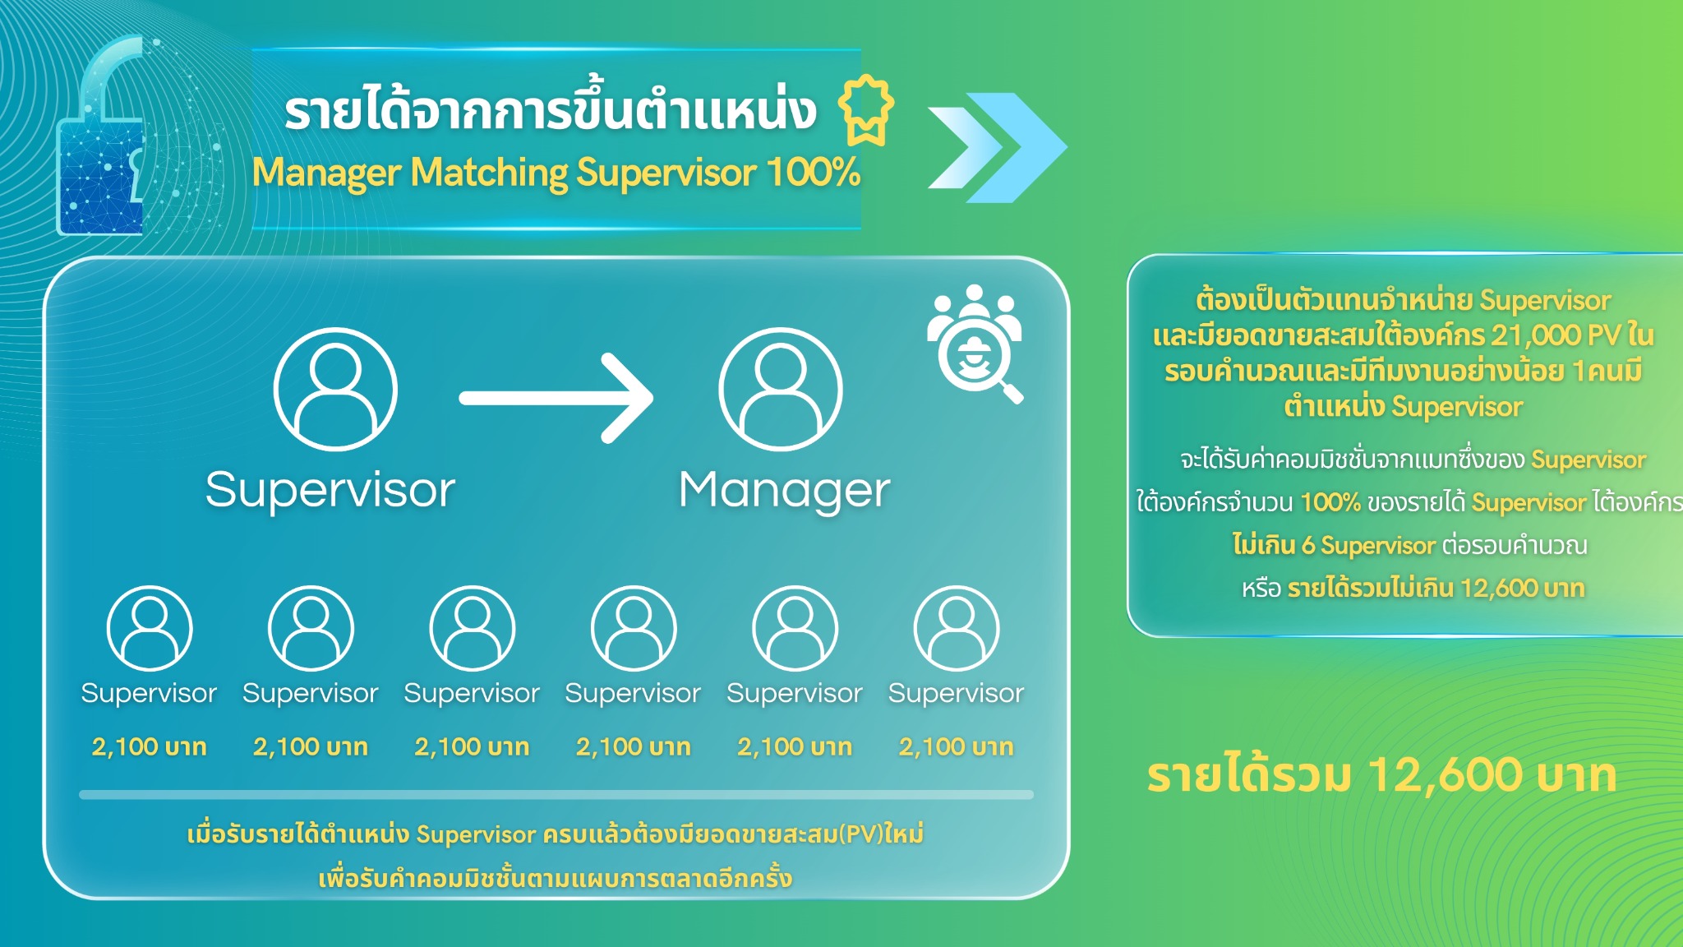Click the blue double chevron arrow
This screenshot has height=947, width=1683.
997,148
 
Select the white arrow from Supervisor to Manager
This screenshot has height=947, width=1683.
556,399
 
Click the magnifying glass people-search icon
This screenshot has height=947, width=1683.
975,343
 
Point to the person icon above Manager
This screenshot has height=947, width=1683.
781,389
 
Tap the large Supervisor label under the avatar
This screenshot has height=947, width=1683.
330,491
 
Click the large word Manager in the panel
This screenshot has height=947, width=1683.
784,491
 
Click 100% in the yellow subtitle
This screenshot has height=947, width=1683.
813,173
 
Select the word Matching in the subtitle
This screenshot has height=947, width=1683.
489,173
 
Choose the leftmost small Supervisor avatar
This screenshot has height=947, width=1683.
150,628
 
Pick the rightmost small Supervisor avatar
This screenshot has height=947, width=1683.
957,628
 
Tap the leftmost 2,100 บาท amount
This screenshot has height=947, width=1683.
149,746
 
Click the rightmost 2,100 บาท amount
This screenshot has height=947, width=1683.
956,746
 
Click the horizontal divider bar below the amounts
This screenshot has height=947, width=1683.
556,795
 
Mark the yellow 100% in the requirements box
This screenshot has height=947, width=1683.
1330,502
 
